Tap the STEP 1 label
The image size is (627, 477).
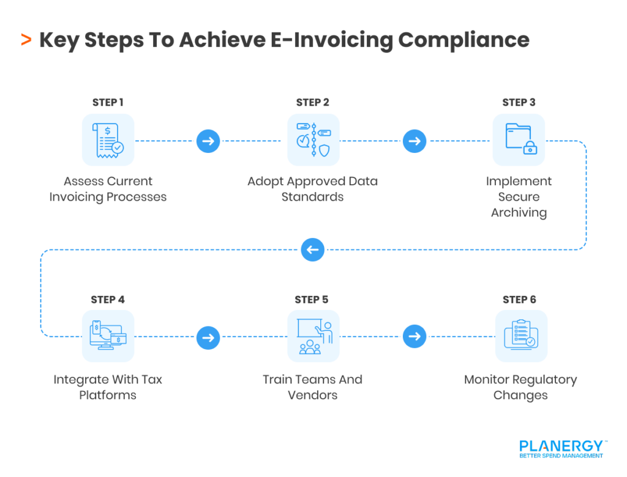tap(108, 102)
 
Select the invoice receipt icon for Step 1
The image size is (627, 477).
tap(108, 140)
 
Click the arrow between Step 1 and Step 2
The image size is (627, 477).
tap(208, 141)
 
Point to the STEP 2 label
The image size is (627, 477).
tap(313, 102)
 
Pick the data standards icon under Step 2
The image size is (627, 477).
tap(313, 140)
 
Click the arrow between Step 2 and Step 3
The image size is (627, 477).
tap(415, 141)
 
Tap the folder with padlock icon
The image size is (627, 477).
tap(519, 140)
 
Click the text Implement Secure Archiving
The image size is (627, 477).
tap(519, 197)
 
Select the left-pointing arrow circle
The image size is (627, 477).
tap(313, 250)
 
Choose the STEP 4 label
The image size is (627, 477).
tap(108, 300)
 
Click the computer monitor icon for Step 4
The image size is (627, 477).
tap(108, 336)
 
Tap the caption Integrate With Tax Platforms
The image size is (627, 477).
tap(108, 387)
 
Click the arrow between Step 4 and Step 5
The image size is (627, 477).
tap(208, 337)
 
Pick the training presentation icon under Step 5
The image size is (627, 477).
tap(313, 336)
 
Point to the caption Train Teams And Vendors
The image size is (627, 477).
tap(313, 387)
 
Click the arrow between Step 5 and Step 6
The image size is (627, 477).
tap(415, 337)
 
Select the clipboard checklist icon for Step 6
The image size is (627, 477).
tap(520, 336)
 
